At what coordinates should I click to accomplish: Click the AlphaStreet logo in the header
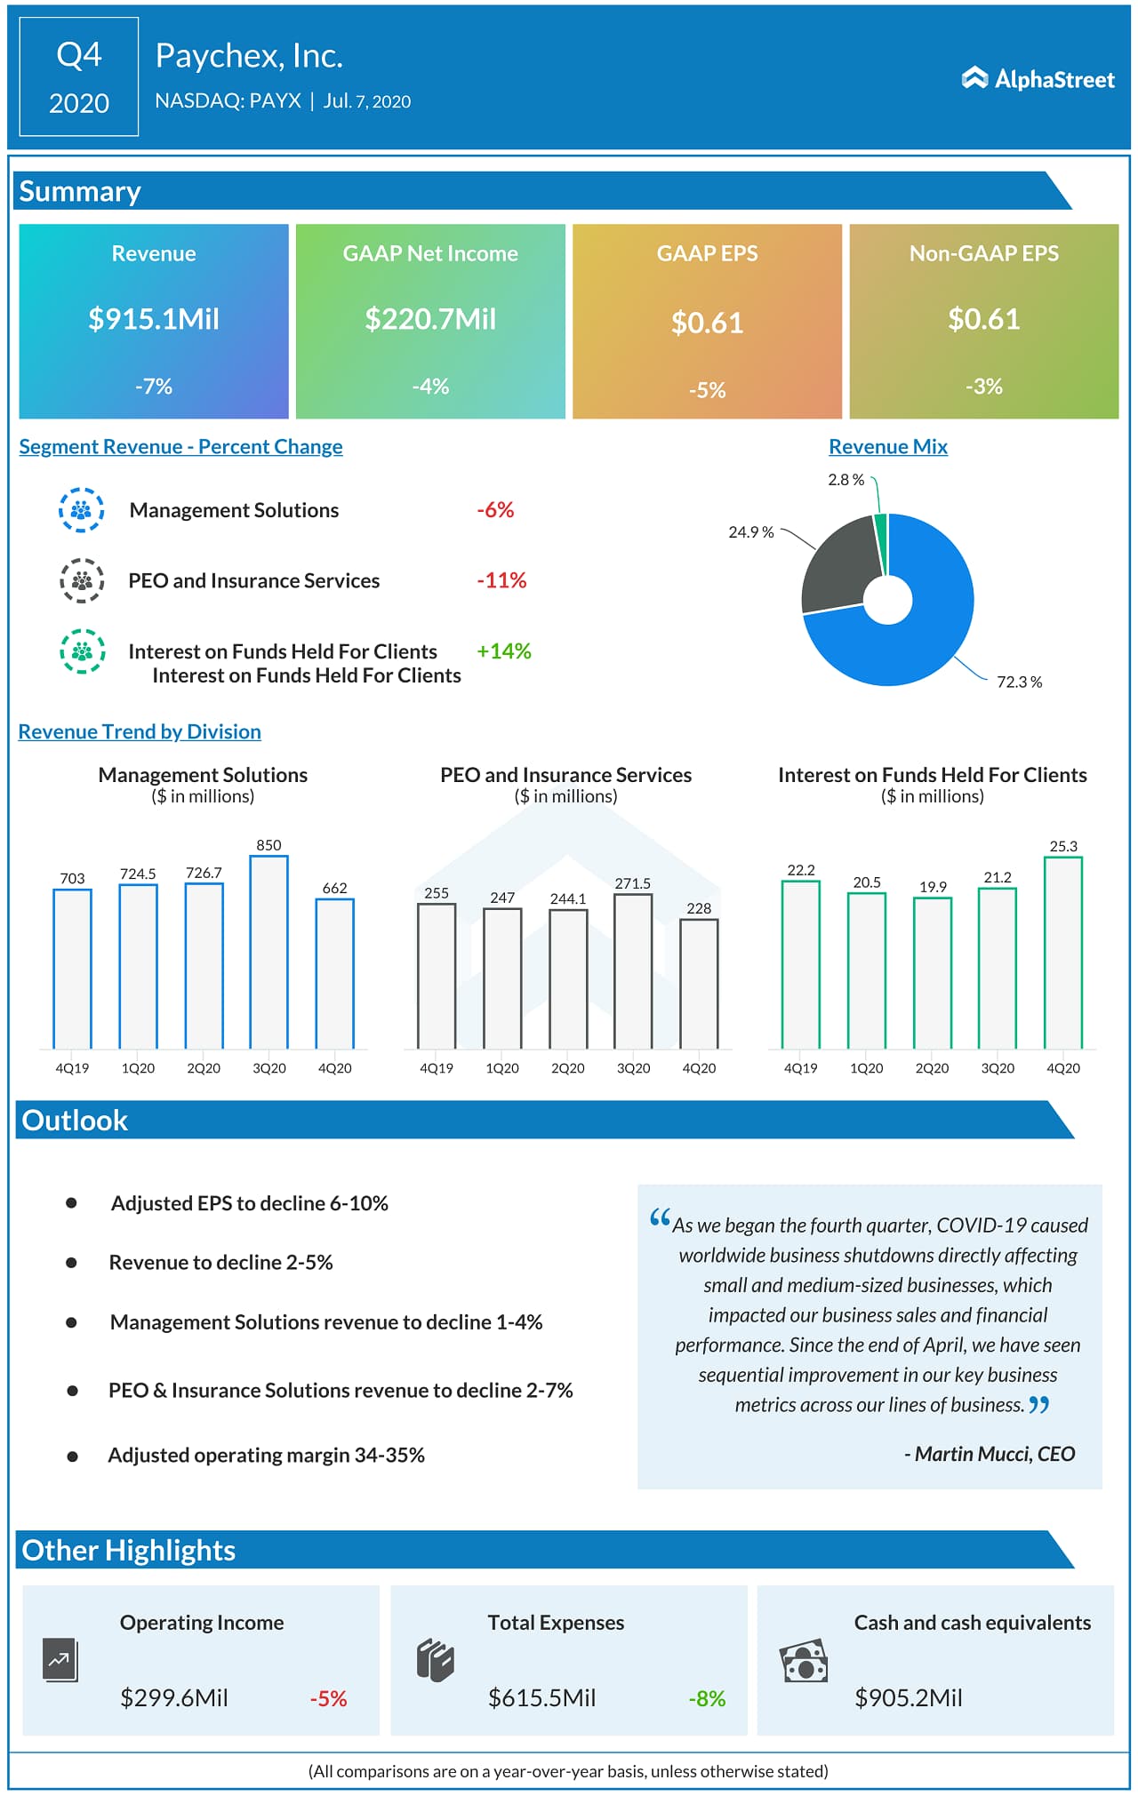(1038, 79)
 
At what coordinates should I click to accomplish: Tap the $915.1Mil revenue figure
(154, 319)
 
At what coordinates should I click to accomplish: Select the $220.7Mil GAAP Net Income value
(430, 319)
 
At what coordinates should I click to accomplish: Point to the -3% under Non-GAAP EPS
(983, 387)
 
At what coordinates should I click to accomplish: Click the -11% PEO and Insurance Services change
(501, 580)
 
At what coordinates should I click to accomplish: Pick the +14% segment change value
(503, 651)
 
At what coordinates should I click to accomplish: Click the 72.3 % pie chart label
(1019, 682)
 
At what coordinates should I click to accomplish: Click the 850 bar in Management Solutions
(268, 951)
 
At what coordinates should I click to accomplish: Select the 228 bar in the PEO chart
(699, 983)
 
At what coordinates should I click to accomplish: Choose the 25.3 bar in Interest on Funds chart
(1062, 952)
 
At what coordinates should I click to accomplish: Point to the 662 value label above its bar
(334, 888)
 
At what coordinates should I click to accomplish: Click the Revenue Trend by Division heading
(140, 731)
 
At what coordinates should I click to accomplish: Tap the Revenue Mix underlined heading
(887, 447)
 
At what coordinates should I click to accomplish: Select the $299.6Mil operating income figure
(174, 1698)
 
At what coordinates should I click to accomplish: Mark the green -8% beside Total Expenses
(707, 1699)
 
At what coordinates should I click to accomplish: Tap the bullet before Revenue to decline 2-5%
(71, 1263)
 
